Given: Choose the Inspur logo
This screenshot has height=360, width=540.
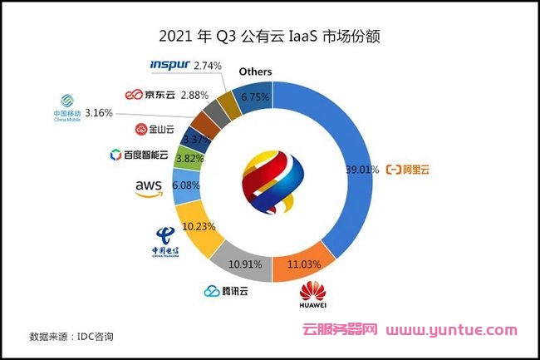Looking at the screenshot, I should [169, 64].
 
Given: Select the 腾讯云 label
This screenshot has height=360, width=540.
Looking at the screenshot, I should [226, 291].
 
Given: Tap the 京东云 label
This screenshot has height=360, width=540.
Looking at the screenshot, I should [147, 94].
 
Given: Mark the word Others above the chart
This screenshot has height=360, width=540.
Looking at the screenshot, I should [255, 72].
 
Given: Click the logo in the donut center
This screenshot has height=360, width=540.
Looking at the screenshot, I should [270, 179].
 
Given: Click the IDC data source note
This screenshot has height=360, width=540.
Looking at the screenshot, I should [71, 337].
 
